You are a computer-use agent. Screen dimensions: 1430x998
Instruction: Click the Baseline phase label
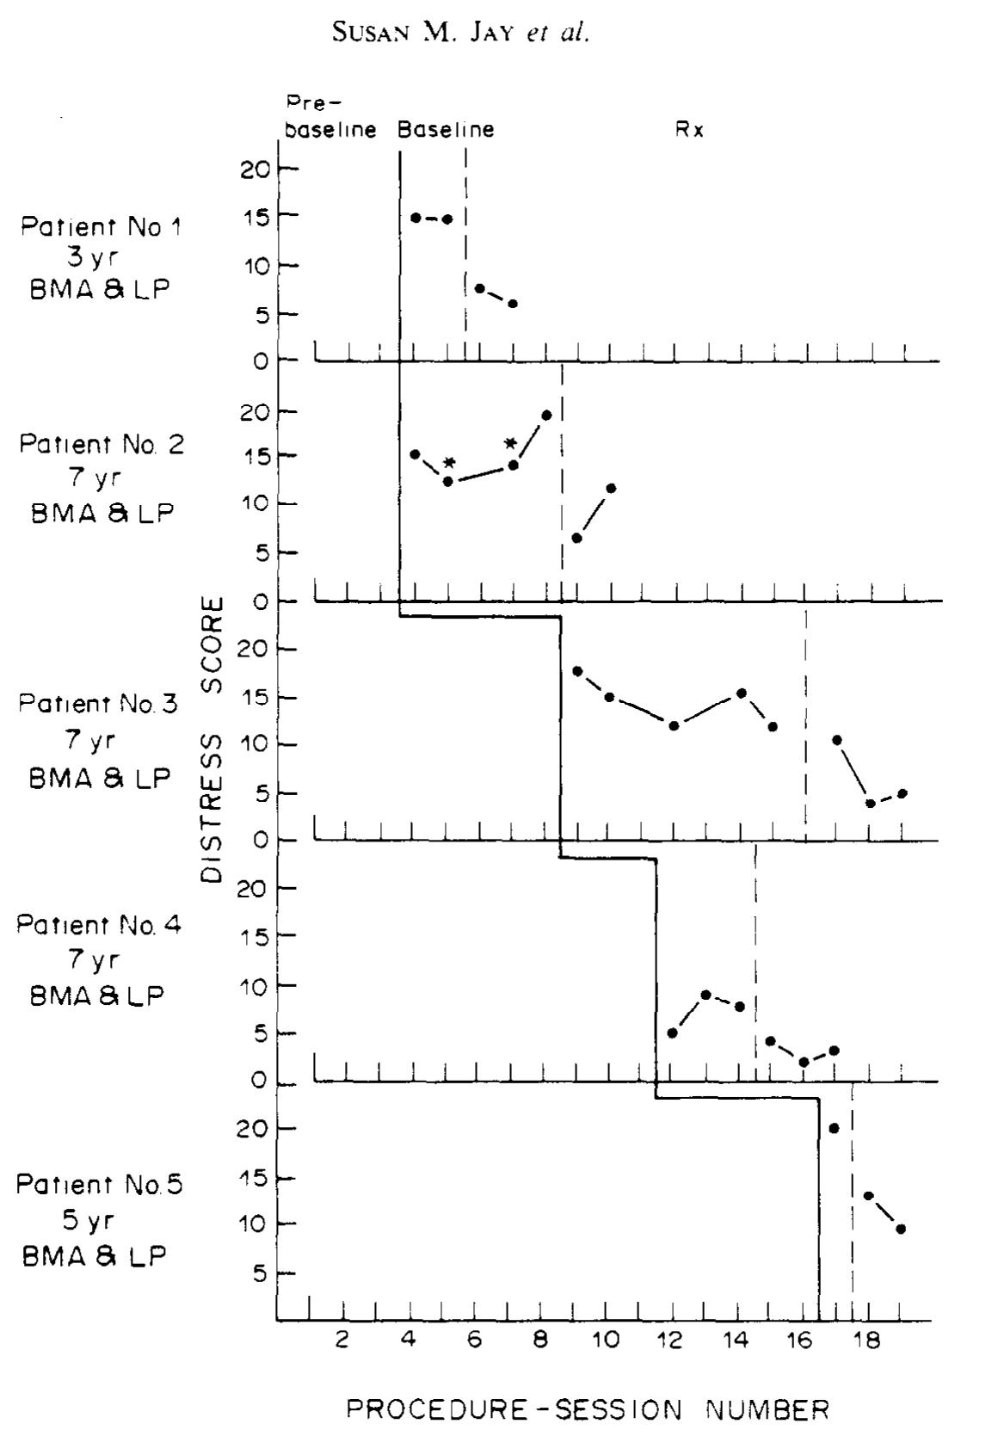(x=446, y=131)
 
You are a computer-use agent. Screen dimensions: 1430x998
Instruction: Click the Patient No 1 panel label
(x=102, y=258)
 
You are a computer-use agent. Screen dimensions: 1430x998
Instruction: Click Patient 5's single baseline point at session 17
(x=834, y=1128)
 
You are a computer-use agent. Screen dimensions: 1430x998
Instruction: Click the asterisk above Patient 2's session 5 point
(x=448, y=464)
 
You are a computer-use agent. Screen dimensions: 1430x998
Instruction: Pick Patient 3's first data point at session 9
(x=577, y=671)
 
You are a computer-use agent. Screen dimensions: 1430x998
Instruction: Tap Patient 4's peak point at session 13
(x=706, y=995)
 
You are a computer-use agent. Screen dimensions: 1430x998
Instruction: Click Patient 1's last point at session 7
(x=513, y=304)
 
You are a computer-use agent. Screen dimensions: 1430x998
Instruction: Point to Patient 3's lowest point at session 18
(x=870, y=804)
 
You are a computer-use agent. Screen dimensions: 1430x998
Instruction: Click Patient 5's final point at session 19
(x=901, y=1230)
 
